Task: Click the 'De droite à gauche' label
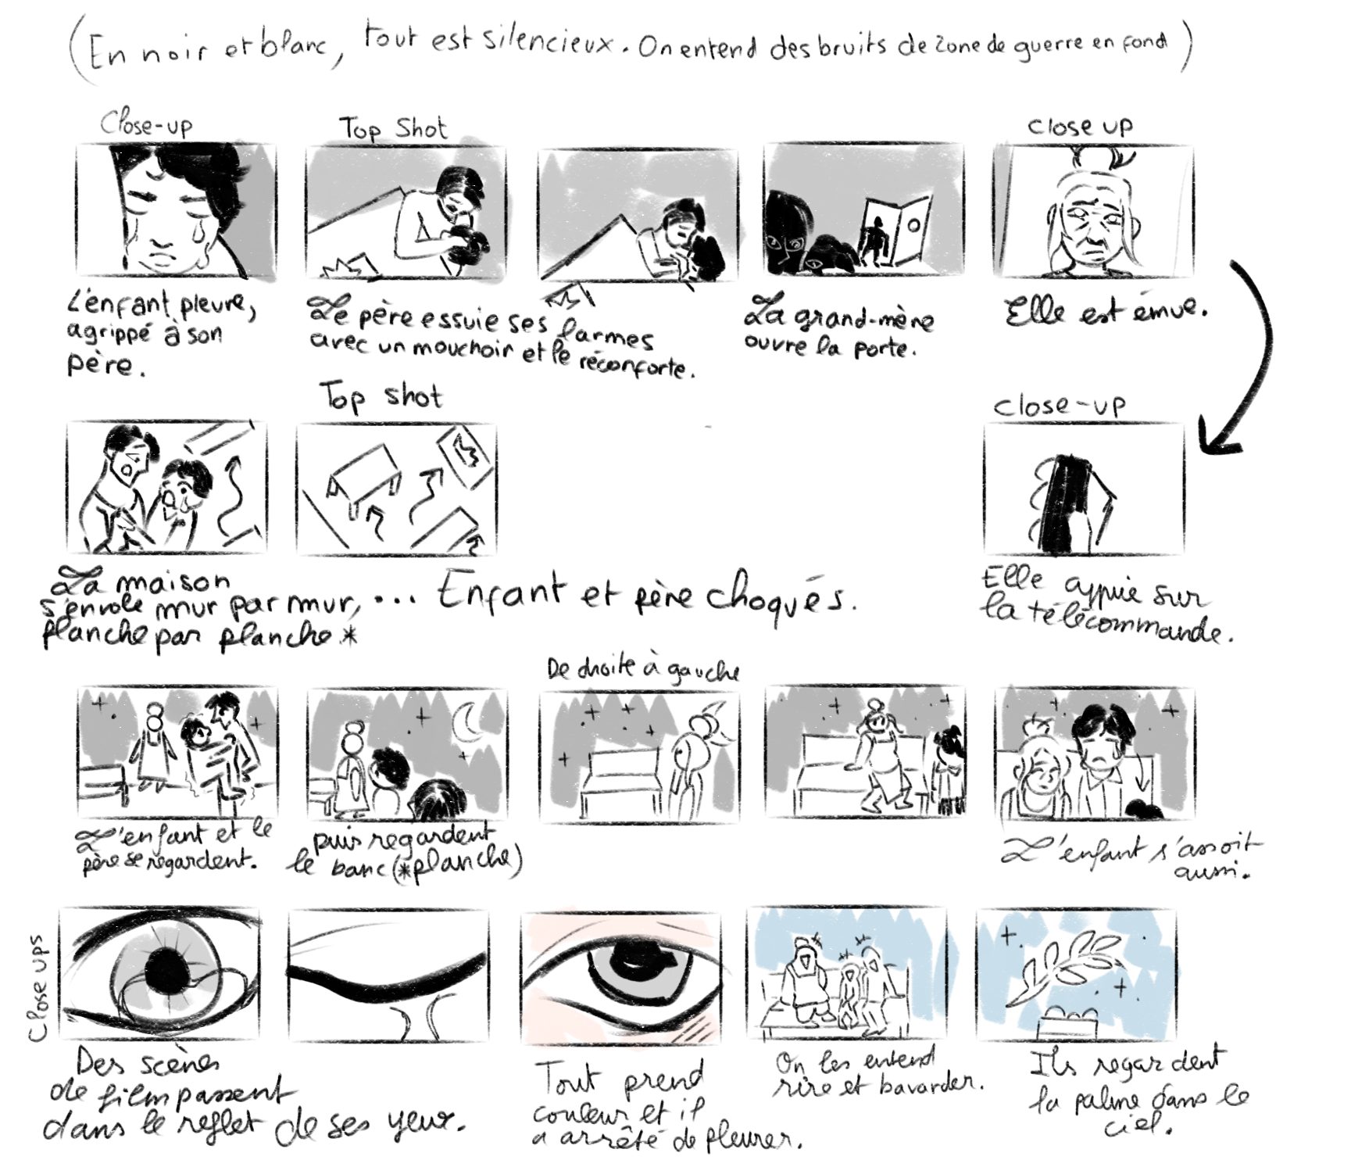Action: click(642, 671)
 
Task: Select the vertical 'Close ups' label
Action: click(37, 988)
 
